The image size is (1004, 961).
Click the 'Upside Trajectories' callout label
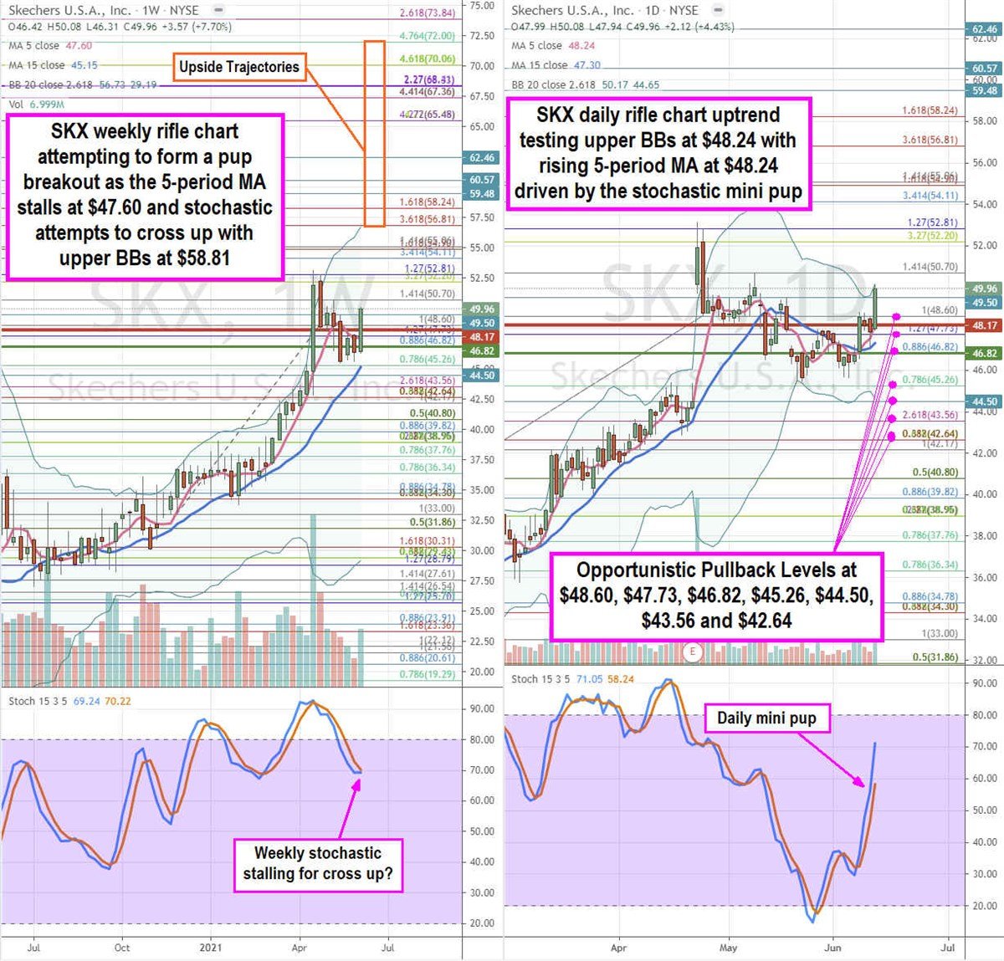tap(238, 67)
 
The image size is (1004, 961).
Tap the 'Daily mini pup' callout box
tap(766, 718)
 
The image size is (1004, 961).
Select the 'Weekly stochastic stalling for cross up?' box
tap(317, 864)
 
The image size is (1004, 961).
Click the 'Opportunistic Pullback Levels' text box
tap(716, 595)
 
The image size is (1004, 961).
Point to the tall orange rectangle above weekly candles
tap(375, 132)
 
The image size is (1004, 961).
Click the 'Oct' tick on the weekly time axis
tap(122, 948)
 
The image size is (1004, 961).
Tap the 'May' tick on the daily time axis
tap(728, 948)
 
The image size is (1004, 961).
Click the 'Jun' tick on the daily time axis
tap(832, 948)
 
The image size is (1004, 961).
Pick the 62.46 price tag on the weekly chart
tap(482, 157)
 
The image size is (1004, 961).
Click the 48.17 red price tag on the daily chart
tap(985, 325)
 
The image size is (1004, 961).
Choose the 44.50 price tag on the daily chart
tap(985, 402)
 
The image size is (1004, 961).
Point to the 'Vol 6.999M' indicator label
tap(36, 105)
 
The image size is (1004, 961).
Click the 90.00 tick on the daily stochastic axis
tap(985, 683)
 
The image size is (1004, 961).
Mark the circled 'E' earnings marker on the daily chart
tap(692, 651)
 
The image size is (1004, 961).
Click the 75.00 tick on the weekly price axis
tap(482, 6)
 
